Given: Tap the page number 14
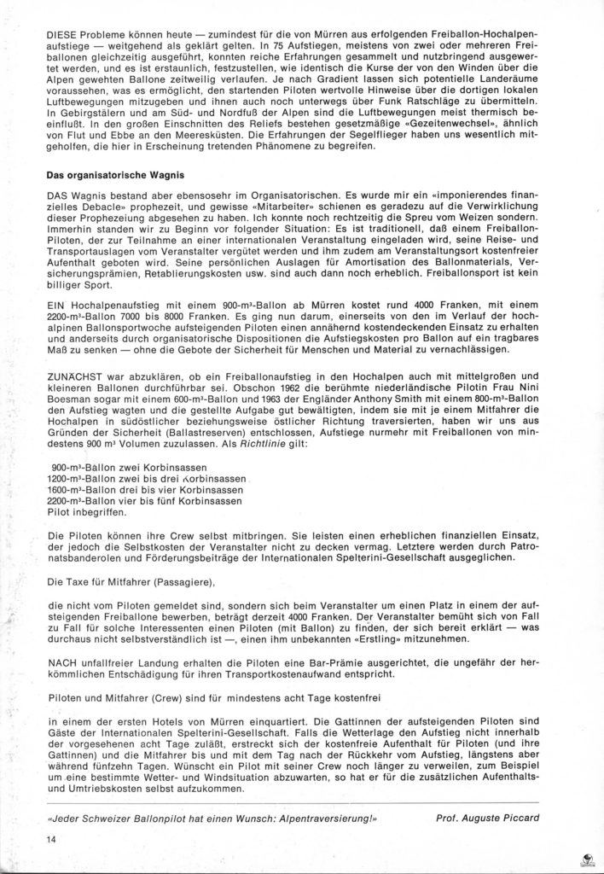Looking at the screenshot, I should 53,839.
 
